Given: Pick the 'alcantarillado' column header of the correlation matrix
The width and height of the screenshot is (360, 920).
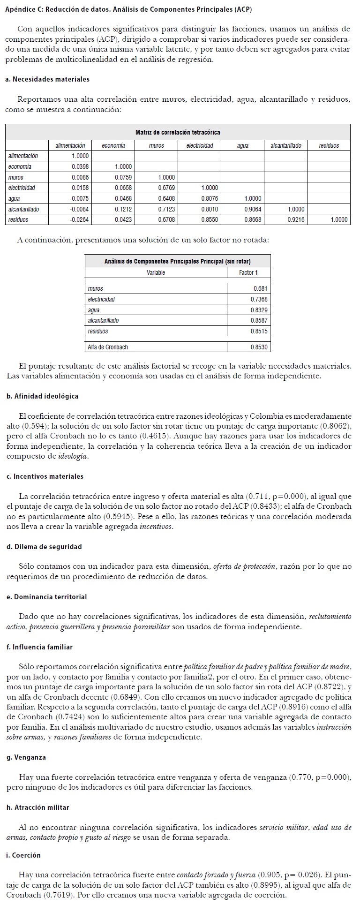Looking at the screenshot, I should point(286,145).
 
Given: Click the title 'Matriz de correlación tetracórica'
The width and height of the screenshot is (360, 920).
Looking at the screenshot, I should point(178,132).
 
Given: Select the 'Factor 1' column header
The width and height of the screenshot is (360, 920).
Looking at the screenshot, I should point(248,272).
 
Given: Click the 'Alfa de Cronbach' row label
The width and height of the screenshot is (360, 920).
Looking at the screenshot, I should point(108,347).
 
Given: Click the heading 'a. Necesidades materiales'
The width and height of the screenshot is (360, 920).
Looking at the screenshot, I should point(48,79).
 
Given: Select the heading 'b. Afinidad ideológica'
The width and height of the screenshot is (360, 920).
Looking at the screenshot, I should point(43,396).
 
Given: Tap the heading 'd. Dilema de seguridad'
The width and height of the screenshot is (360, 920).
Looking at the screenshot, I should point(44,547).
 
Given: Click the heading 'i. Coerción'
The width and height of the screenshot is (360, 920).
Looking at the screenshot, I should point(24,855).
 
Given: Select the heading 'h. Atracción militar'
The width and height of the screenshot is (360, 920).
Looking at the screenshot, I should point(38,807).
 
